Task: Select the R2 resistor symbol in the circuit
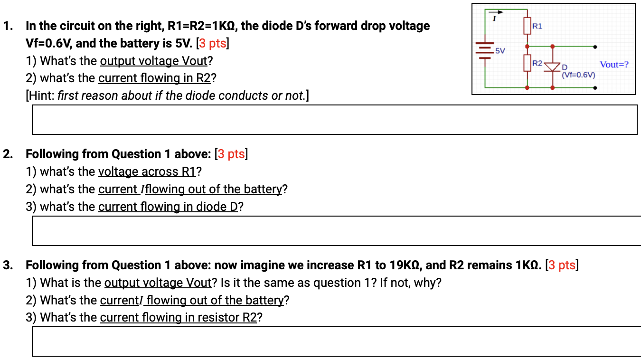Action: (x=527, y=63)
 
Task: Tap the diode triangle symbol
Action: (x=552, y=67)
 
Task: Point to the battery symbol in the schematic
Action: (x=485, y=49)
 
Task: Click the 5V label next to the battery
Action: (x=500, y=50)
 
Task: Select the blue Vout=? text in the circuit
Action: (x=614, y=64)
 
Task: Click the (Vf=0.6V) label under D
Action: (x=578, y=75)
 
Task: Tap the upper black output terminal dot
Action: (x=595, y=47)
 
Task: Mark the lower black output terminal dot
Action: (x=595, y=88)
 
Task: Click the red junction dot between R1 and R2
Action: (x=527, y=47)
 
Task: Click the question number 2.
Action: (x=8, y=154)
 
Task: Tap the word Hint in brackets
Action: (x=41, y=95)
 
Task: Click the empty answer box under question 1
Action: (x=334, y=120)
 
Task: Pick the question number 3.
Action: (x=8, y=265)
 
